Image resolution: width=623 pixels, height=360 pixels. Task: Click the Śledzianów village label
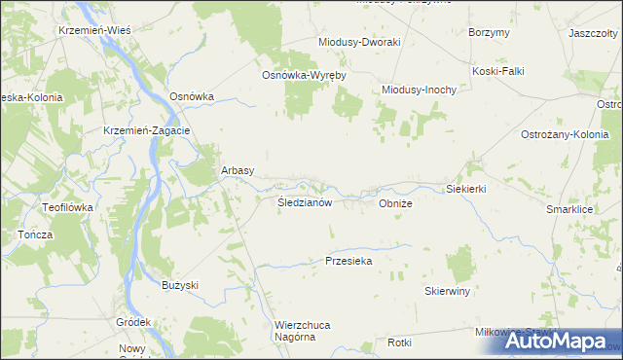(x=306, y=203)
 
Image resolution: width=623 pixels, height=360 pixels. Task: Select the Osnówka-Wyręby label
(x=304, y=75)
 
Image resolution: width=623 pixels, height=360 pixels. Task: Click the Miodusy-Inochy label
(x=419, y=90)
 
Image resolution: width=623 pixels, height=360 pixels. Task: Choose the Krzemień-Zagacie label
(x=146, y=130)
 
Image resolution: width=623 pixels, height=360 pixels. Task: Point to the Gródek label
(x=133, y=322)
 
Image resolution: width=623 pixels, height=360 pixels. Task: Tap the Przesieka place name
(x=348, y=261)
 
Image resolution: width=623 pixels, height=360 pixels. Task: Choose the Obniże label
(x=396, y=204)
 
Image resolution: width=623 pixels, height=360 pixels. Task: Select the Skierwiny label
(x=448, y=291)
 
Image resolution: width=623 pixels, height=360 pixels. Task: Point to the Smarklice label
(x=570, y=209)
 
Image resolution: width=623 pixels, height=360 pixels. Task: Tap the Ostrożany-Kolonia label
(x=565, y=133)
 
